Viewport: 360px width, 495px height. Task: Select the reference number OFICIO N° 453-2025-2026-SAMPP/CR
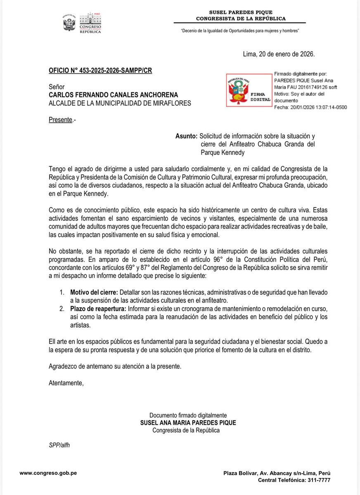pyautogui.click(x=100, y=71)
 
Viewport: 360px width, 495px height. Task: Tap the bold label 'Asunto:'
pyautogui.click(x=187, y=136)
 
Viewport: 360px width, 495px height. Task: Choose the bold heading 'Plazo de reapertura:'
pyautogui.click(x=98, y=309)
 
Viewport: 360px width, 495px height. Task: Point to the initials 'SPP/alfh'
pyautogui.click(x=59, y=445)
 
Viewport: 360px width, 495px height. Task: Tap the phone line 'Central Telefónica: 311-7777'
pyautogui.click(x=294, y=480)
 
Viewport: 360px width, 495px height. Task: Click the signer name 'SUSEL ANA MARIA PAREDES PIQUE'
pyautogui.click(x=188, y=423)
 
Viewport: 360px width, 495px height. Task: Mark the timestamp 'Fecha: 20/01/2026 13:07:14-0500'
pyautogui.click(x=310, y=107)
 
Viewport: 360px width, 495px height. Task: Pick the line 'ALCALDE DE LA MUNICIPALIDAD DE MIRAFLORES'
pyautogui.click(x=120, y=103)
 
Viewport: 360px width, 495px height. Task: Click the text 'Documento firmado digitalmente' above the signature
pyautogui.click(x=188, y=415)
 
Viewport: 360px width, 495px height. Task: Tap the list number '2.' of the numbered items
pyautogui.click(x=61, y=309)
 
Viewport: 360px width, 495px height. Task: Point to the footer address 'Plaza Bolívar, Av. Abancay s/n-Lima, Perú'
pyautogui.click(x=277, y=473)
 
